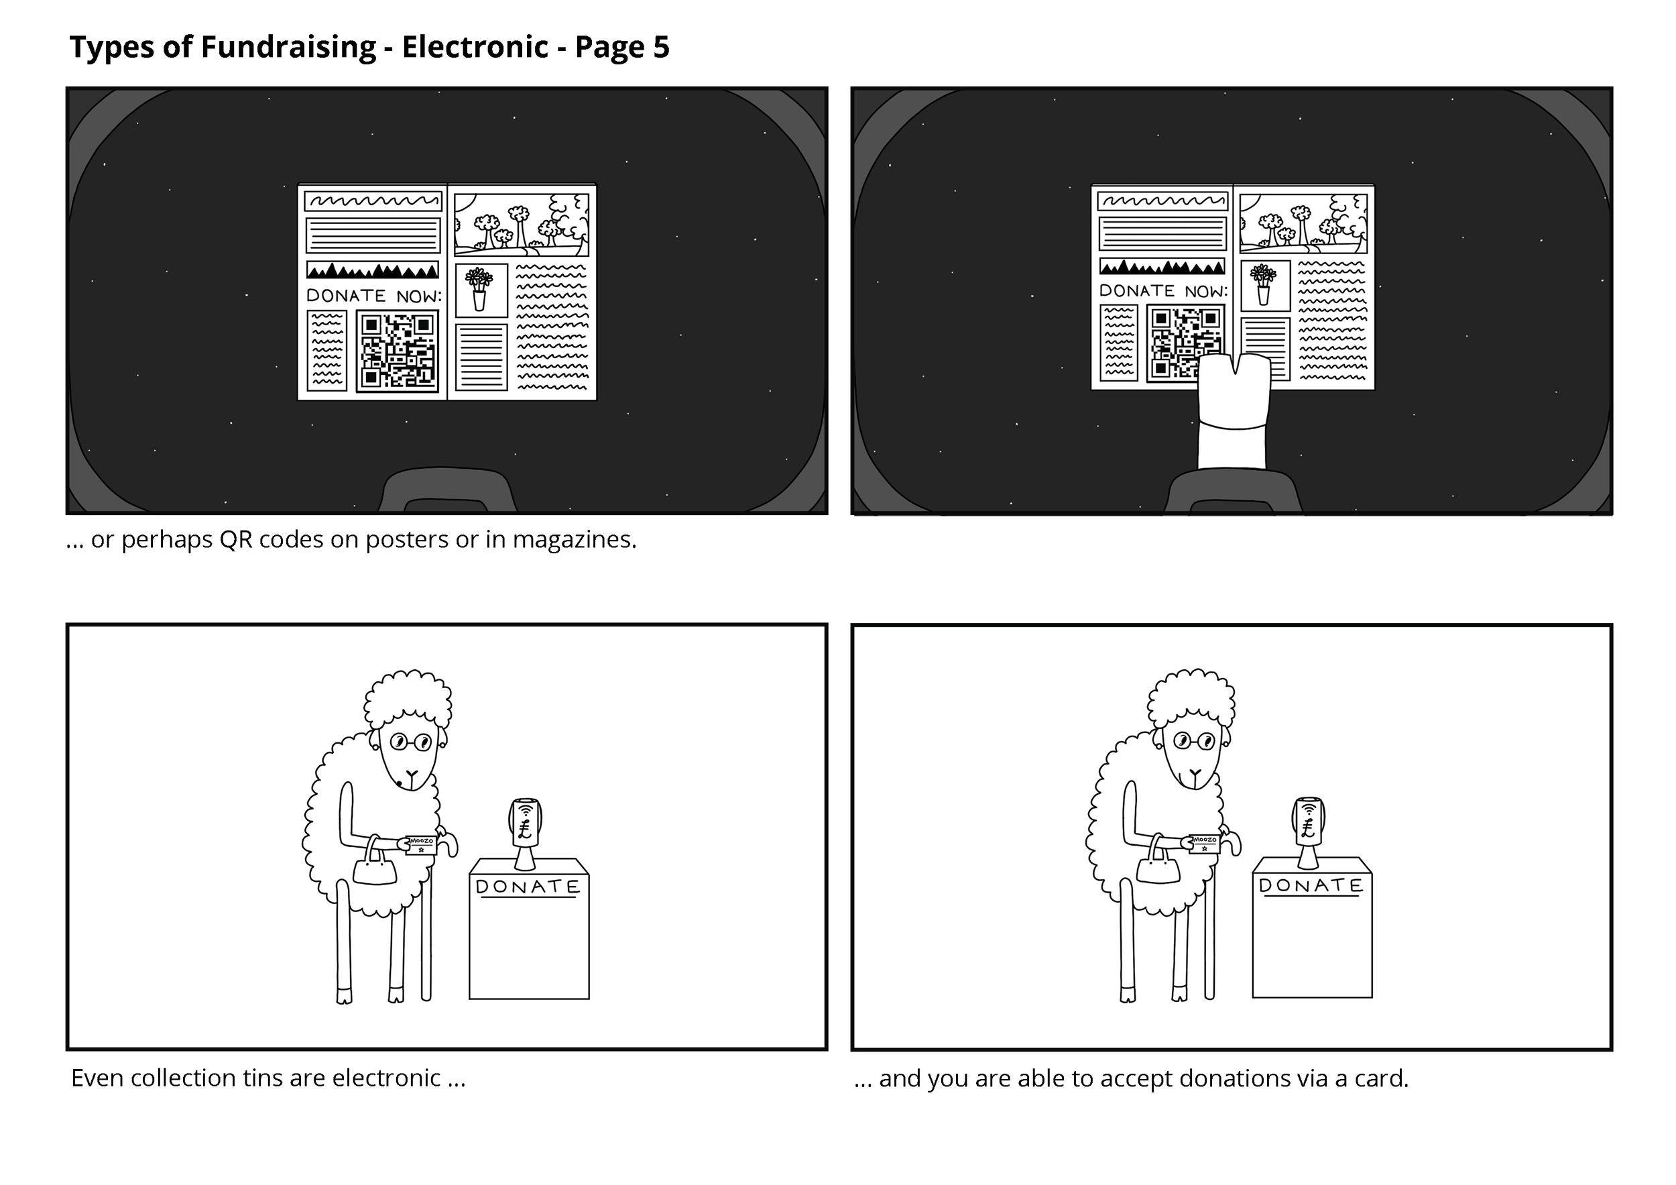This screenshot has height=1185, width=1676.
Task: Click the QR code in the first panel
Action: pyautogui.click(x=397, y=351)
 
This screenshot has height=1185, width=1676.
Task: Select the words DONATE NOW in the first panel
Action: pyautogui.click(x=373, y=296)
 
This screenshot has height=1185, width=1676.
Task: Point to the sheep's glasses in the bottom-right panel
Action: pyautogui.click(x=1194, y=742)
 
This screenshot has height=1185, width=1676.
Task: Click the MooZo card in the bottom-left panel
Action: pyautogui.click(x=420, y=845)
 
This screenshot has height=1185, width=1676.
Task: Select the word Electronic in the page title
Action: pyautogui.click(x=475, y=47)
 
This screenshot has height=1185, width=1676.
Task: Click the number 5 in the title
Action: pyautogui.click(x=660, y=47)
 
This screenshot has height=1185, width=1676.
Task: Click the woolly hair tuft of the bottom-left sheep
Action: pyautogui.click(x=408, y=699)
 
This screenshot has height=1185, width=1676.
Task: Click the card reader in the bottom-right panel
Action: pyautogui.click(x=1308, y=833)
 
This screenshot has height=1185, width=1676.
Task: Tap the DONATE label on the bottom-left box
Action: pyautogui.click(x=528, y=887)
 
